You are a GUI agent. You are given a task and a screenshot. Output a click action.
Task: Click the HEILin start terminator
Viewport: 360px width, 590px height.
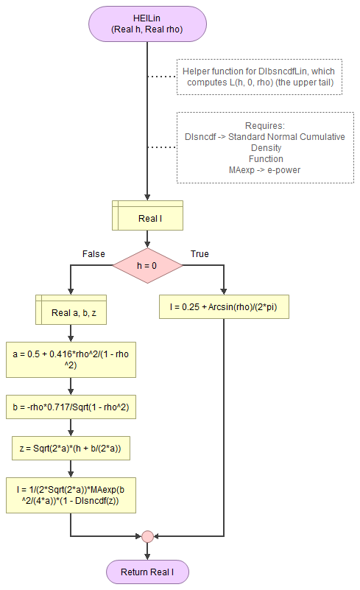pyautogui.click(x=147, y=24)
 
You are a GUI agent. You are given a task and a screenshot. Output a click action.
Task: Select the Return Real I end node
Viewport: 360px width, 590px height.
pyautogui.click(x=147, y=572)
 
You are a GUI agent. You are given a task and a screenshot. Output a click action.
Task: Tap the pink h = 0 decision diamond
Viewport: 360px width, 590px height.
pyautogui.click(x=147, y=265)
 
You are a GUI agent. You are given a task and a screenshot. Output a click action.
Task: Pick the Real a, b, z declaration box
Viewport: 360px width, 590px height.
pyautogui.click(x=71, y=312)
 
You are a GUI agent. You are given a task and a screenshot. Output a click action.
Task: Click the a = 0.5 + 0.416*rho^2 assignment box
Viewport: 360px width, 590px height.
pyautogui.click(x=71, y=359)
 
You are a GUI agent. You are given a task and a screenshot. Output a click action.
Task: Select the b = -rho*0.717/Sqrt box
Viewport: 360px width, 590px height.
pyautogui.click(x=71, y=407)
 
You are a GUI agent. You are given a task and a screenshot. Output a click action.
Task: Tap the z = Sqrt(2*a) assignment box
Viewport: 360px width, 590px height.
pyautogui.click(x=71, y=446)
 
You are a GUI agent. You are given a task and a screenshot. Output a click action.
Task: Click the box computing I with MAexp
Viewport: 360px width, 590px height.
pyautogui.click(x=71, y=494)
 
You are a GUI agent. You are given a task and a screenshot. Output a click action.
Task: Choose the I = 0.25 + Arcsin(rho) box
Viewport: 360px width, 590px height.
pyautogui.click(x=224, y=306)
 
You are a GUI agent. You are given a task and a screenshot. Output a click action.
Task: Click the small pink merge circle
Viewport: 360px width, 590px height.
pyautogui.click(x=147, y=535)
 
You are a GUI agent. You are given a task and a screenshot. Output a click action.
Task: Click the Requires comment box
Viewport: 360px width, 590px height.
pyautogui.click(x=261, y=147)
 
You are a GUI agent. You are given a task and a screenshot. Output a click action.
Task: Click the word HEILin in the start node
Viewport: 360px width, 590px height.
pyautogui.click(x=147, y=18)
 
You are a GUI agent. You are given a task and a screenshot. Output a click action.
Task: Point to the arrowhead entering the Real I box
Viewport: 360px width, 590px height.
pyautogui.click(x=147, y=197)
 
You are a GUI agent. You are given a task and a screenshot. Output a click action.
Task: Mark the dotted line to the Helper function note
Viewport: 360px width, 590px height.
pyautogui.click(x=162, y=77)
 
